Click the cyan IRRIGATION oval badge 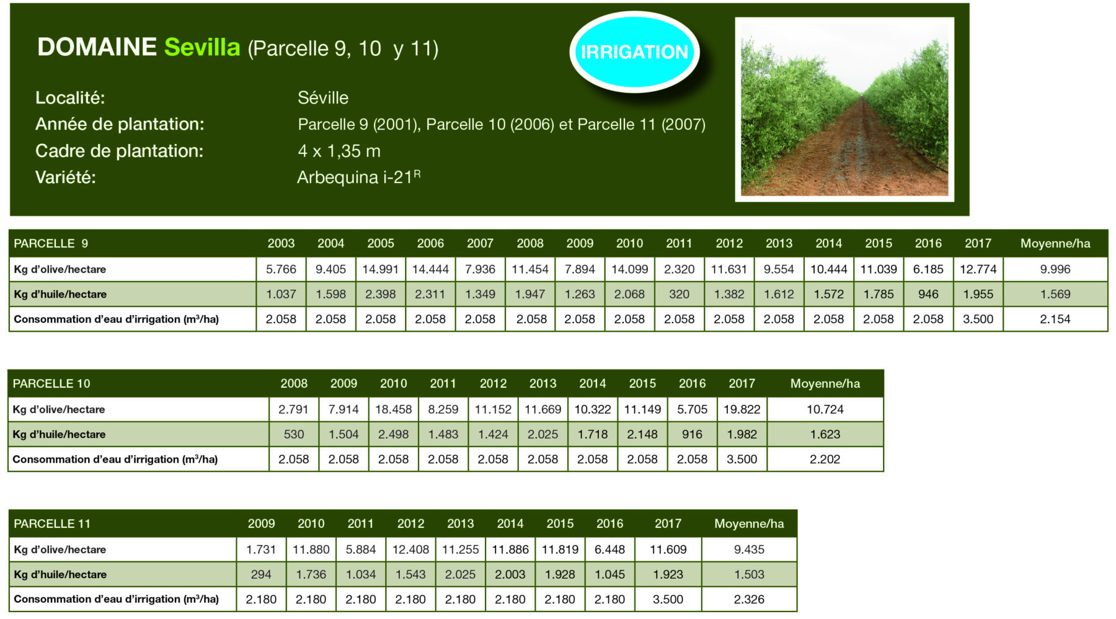tap(634, 52)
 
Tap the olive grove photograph tap(844, 109)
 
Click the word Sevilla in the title tap(202, 47)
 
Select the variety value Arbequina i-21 tap(358, 177)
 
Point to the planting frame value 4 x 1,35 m tap(339, 151)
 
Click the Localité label tap(70, 97)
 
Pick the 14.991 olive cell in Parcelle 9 tap(381, 269)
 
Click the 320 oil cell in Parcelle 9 tap(679, 294)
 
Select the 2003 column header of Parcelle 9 tap(281, 243)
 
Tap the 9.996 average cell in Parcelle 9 tap(1055, 269)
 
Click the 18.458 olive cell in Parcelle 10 tap(394, 409)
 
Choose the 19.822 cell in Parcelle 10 tap(742, 409)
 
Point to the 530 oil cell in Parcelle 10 tap(294, 434)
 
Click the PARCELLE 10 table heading tap(51, 383)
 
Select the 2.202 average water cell tap(825, 459)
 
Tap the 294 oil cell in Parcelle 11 tap(261, 574)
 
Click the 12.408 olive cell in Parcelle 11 tap(410, 550)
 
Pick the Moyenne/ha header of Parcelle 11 tap(749, 523)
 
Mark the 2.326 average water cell tap(749, 599)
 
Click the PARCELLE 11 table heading tap(52, 523)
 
